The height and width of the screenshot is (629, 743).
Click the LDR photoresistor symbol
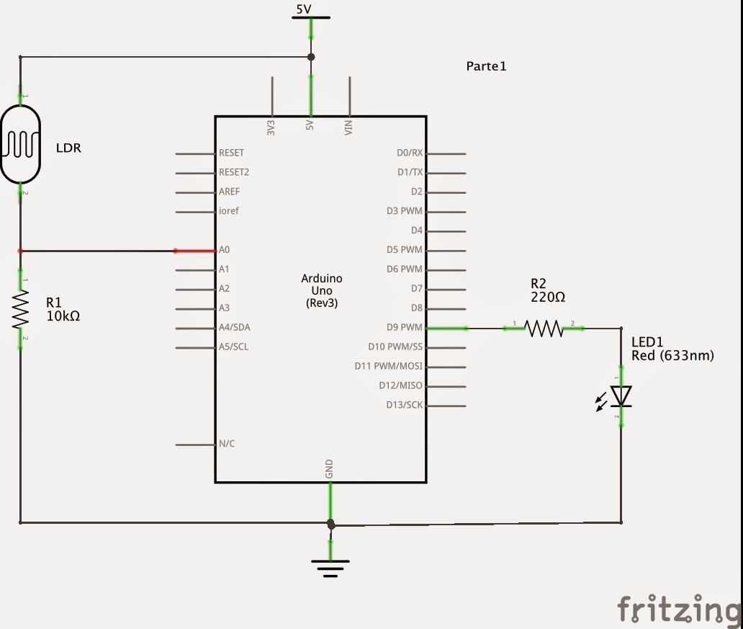(x=20, y=143)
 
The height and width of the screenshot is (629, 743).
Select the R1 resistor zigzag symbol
(x=20, y=308)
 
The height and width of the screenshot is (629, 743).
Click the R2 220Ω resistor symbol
(x=544, y=329)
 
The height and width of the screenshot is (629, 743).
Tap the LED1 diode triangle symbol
(x=621, y=396)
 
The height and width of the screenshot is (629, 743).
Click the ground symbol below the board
(x=330, y=568)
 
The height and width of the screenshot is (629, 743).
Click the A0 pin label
(x=224, y=250)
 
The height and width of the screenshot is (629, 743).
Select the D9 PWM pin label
(x=404, y=328)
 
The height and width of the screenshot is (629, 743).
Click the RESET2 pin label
(x=234, y=173)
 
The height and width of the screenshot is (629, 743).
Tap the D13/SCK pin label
(x=404, y=405)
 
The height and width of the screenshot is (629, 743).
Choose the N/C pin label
(x=227, y=444)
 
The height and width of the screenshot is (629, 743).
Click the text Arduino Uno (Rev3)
(x=322, y=290)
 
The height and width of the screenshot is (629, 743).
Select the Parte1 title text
(x=487, y=66)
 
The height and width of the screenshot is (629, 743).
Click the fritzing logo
(x=679, y=609)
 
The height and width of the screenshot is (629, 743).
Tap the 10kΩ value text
(x=63, y=316)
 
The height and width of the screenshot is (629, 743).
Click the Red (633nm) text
(x=672, y=355)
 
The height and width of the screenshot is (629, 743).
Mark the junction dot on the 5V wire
(x=311, y=57)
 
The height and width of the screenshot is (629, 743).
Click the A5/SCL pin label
(x=234, y=347)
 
